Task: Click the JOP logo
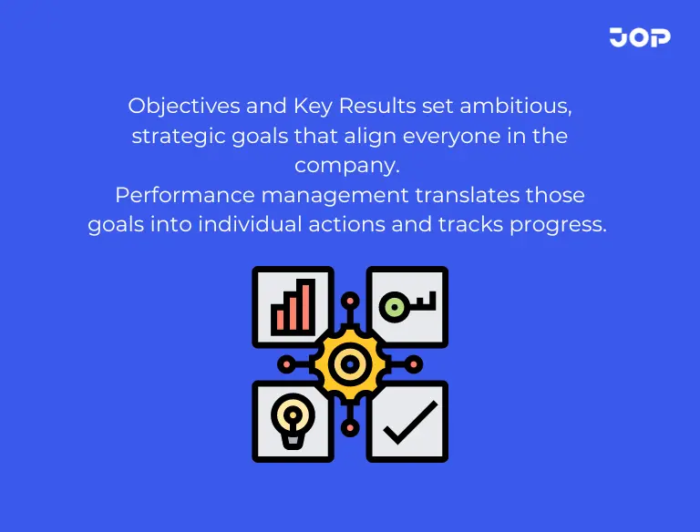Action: pyautogui.click(x=640, y=37)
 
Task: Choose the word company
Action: pyautogui.click(x=348, y=167)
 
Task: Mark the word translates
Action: pyautogui.click(x=470, y=195)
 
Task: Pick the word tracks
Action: pyautogui.click(x=458, y=225)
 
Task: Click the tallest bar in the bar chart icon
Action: pyautogui.click(x=308, y=305)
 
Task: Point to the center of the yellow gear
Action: pyautogui.click(x=350, y=363)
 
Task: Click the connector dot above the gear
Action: pyautogui.click(x=350, y=300)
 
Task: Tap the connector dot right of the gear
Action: pyautogui.click(x=415, y=363)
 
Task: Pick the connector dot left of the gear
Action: pyautogui.click(x=285, y=363)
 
